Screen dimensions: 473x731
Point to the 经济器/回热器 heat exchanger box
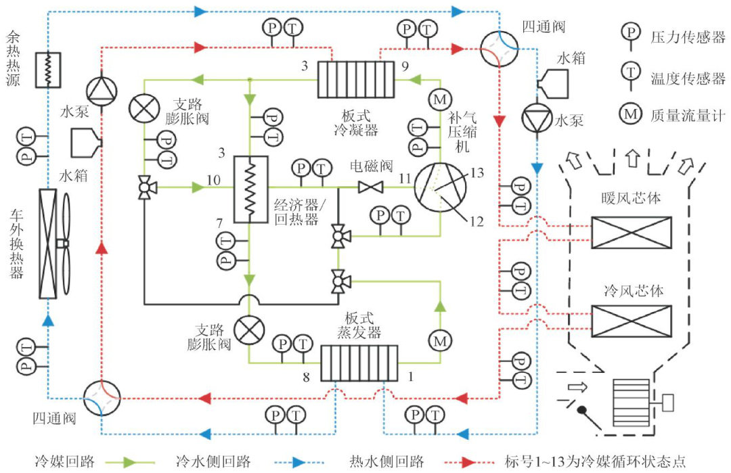pyautogui.click(x=250, y=189)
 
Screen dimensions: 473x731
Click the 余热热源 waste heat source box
pyautogui.click(x=49, y=70)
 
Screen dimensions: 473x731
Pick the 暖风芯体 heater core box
pyautogui.click(x=631, y=232)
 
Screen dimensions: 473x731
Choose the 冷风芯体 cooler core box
pyautogui.click(x=631, y=321)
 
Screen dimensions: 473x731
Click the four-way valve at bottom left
pyautogui.click(x=101, y=398)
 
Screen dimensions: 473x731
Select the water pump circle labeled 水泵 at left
pyautogui.click(x=102, y=90)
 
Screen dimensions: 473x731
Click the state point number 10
pyautogui.click(x=214, y=181)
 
